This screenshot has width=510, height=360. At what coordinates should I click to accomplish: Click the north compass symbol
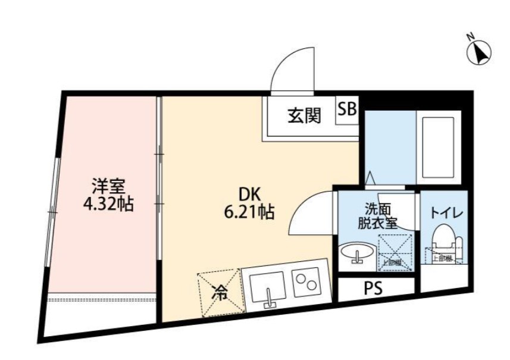point(480,52)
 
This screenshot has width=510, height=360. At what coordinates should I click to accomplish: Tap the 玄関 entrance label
point(304,115)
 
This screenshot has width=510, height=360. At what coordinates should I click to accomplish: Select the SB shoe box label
point(348,109)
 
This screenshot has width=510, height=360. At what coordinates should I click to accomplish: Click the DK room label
point(249,194)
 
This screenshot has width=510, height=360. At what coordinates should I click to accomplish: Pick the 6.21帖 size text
point(250,212)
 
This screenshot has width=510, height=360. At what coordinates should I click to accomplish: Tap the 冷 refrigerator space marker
point(221,292)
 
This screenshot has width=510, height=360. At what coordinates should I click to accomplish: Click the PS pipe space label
point(373,289)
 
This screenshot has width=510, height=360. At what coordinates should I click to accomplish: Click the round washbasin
point(357,253)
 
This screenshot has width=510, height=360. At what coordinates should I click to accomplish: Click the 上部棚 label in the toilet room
point(441,258)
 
